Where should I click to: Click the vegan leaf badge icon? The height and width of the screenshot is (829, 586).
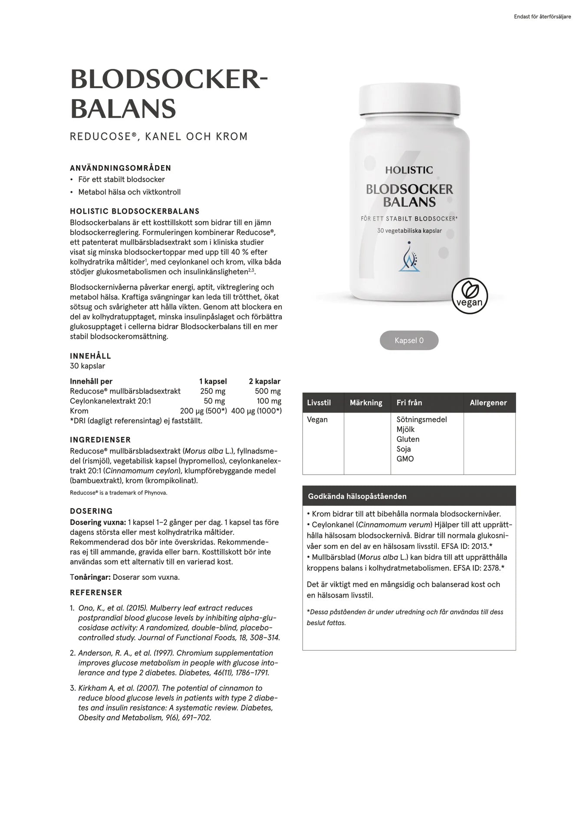point(470,296)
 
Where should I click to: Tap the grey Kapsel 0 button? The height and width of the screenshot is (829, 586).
point(409,340)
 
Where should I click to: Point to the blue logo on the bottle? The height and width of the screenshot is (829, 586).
point(409,258)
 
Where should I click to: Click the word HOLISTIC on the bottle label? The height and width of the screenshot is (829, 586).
point(409,170)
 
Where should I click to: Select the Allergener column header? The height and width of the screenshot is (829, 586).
point(488,403)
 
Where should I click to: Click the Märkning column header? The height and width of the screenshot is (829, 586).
point(366,403)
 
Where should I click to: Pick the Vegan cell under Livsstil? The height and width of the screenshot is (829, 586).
point(317,419)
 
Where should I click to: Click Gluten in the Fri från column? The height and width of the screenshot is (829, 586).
point(408,439)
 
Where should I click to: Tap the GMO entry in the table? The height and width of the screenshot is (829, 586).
point(405,459)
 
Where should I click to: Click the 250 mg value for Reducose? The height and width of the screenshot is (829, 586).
point(213,391)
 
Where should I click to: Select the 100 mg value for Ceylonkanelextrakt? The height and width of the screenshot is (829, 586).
point(269,401)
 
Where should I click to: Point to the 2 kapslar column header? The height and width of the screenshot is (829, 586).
point(264,381)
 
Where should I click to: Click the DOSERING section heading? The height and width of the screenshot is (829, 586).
point(91,511)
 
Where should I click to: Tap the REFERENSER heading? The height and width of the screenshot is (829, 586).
point(96,593)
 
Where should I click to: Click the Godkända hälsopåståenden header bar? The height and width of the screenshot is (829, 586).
point(409,496)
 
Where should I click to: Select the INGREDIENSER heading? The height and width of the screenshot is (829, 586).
point(100,439)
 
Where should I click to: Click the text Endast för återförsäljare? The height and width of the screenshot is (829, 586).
point(542,17)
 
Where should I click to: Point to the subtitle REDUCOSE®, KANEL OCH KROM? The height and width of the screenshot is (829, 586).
point(159,136)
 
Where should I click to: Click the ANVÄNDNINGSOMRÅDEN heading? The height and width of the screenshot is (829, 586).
point(121,168)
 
